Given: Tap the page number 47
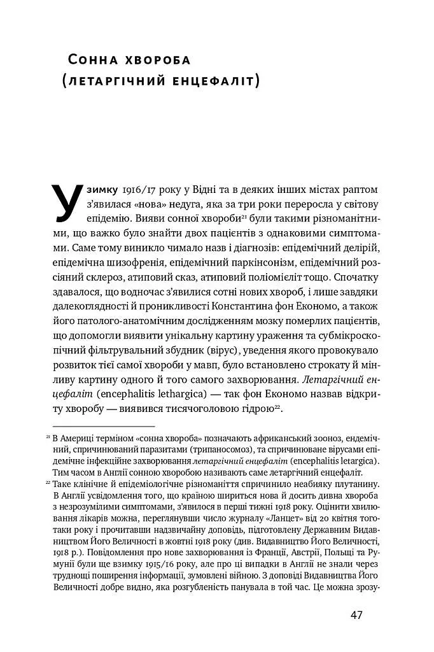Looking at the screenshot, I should point(356,616).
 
